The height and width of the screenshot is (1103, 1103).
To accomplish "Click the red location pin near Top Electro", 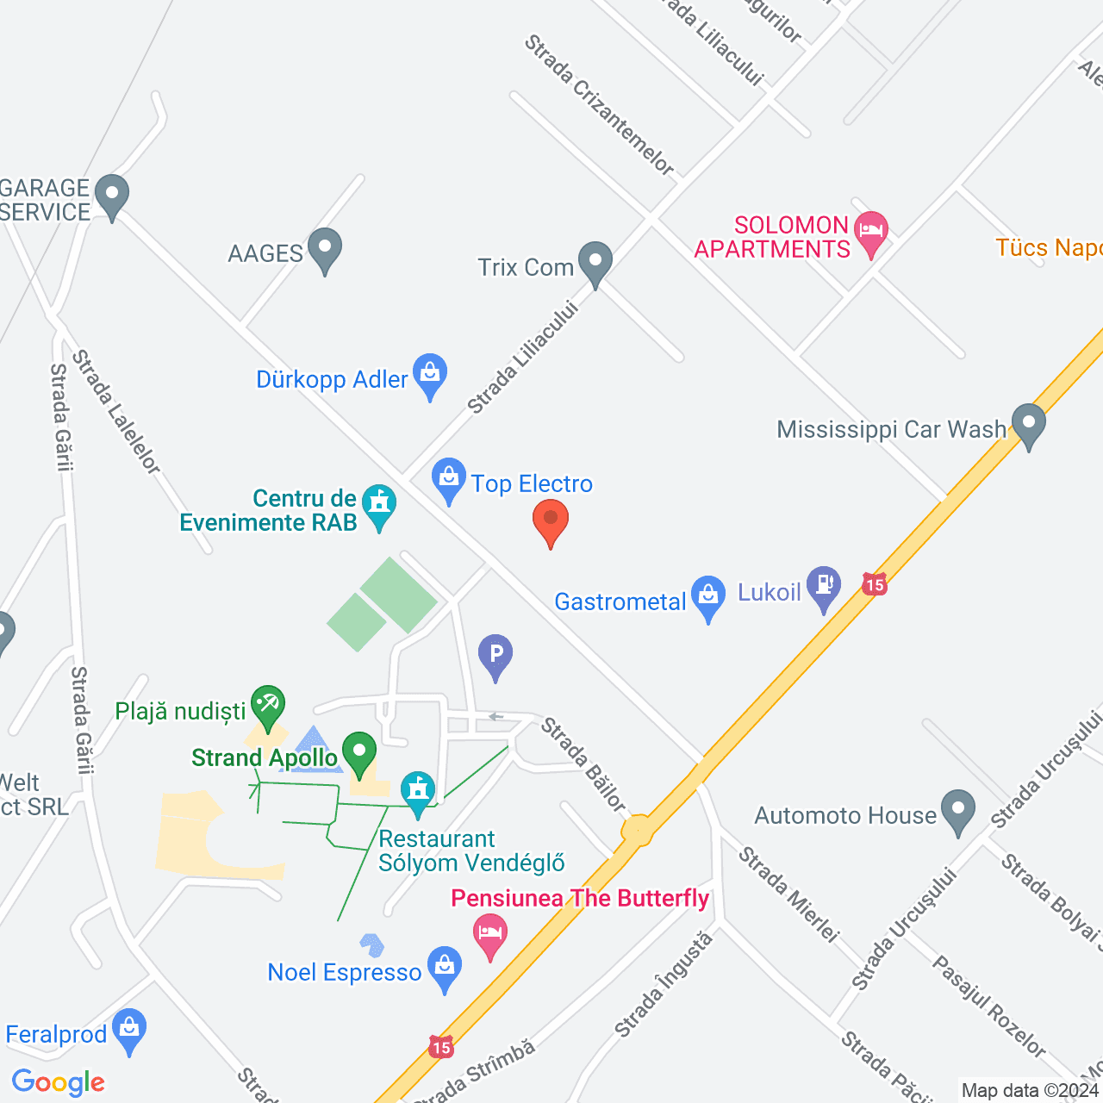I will [551, 520].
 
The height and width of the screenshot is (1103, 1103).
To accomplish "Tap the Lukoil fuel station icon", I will [824, 585].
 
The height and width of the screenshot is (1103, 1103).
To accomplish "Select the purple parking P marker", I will [495, 654].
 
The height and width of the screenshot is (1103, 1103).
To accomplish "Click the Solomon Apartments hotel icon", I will [871, 231].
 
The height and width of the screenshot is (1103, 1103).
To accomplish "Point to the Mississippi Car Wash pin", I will [1028, 424].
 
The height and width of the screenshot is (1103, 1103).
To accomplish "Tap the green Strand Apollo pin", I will [359, 751].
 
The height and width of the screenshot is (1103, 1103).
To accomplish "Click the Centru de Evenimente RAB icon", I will [378, 504].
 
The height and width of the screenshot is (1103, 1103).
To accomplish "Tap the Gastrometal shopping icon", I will [708, 595].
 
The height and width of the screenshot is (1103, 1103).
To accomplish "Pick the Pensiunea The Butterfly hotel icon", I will [490, 933].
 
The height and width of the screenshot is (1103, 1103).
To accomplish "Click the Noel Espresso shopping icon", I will [445, 966].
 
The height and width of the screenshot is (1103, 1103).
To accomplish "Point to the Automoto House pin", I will [957, 809].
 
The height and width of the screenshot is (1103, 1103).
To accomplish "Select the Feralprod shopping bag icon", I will [129, 1028].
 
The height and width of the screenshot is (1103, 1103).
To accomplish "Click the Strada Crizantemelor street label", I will [600, 104].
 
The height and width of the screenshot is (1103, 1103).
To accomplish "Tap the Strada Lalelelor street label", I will [116, 412].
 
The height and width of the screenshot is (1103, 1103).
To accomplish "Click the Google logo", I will [59, 1083].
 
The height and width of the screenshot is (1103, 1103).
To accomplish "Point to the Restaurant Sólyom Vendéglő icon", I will [418, 790].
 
